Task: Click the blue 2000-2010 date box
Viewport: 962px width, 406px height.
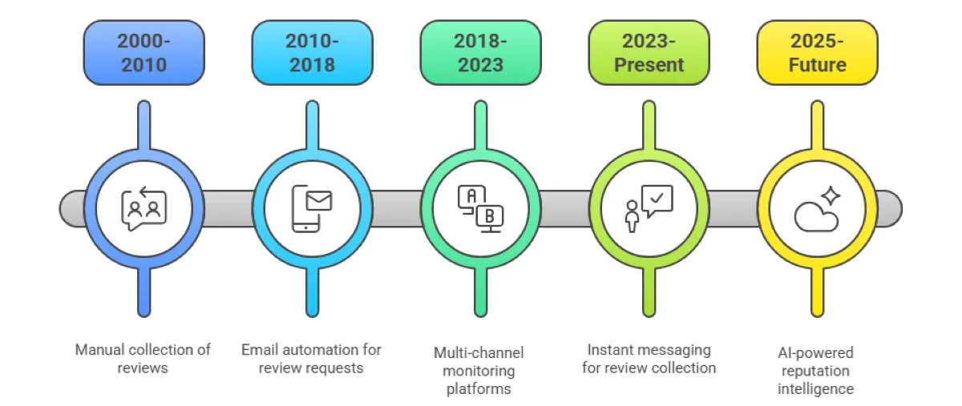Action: (144, 53)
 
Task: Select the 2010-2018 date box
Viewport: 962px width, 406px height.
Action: (312, 53)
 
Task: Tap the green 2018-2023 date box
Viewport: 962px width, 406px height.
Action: (480, 53)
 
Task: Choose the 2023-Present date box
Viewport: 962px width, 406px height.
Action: (649, 53)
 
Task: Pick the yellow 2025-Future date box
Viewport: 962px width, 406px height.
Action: (817, 53)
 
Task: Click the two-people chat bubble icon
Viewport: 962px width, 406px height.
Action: (144, 209)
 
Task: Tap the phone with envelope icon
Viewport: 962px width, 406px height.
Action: (312, 209)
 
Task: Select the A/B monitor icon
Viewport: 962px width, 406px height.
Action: (480, 209)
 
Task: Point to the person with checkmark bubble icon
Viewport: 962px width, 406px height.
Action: (649, 209)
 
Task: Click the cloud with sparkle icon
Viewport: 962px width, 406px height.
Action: (817, 209)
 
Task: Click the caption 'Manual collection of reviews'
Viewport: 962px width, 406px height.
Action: (143, 358)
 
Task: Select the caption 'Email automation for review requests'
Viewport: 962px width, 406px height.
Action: (312, 358)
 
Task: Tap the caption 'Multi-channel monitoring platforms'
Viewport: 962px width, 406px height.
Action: (480, 370)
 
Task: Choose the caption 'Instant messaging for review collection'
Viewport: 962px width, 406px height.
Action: (649, 358)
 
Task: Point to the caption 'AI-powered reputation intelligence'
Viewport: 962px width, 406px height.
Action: (817, 370)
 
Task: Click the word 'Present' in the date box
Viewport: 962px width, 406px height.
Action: (649, 65)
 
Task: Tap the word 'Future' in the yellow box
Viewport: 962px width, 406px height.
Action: (817, 65)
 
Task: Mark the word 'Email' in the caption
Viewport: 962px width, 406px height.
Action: (260, 349)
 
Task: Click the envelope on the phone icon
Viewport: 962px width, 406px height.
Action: (319, 199)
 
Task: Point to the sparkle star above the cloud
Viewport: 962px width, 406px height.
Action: (831, 196)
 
